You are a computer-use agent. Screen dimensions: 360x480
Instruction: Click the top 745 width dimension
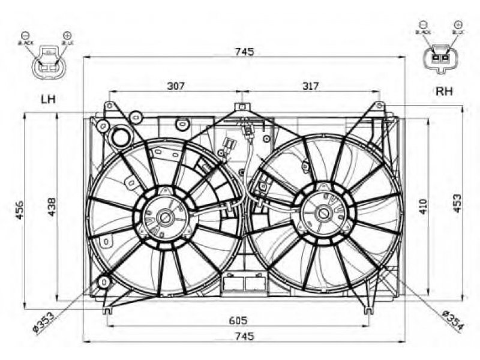click(244, 52)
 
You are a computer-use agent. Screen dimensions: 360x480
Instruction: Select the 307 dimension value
click(175, 86)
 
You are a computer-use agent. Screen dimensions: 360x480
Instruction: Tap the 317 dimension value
click(310, 86)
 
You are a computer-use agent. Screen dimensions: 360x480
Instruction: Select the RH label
click(444, 91)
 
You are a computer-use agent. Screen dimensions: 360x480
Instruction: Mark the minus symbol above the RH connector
click(422, 25)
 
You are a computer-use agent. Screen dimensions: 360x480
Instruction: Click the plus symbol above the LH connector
click(66, 35)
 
